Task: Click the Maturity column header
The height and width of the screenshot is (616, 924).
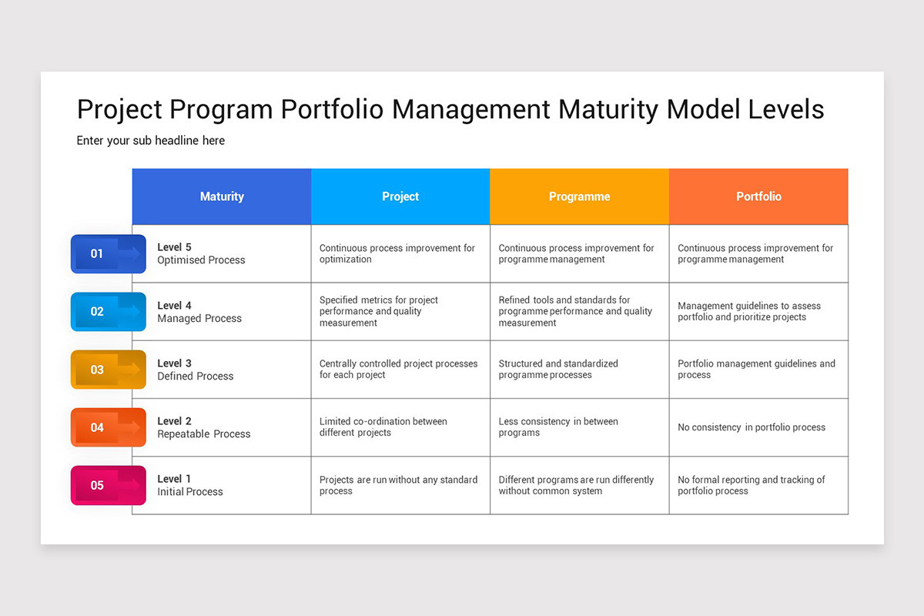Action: coord(222,196)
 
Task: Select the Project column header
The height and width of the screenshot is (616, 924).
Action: coord(400,196)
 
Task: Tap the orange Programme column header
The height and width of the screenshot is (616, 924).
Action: coord(579,196)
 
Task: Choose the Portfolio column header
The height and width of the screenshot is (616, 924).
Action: coord(758,196)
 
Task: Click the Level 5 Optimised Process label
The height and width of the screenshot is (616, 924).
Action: coord(201,253)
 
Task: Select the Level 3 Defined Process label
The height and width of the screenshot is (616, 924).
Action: coord(195,370)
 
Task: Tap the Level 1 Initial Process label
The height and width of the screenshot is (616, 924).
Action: coord(189,485)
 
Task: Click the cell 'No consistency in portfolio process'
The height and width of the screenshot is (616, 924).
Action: coord(751,427)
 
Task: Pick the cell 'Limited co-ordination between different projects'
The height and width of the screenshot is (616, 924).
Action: coord(383,427)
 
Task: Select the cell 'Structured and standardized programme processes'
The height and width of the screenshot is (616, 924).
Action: coord(558,370)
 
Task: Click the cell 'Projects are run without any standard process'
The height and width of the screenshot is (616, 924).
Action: coord(398,485)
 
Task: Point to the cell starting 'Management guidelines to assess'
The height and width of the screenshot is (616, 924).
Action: coord(748,311)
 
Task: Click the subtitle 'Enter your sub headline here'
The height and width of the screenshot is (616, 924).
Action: coord(151,141)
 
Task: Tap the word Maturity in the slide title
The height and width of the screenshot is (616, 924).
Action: coord(608,109)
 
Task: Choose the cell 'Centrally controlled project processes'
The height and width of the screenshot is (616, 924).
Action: coord(398,370)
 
